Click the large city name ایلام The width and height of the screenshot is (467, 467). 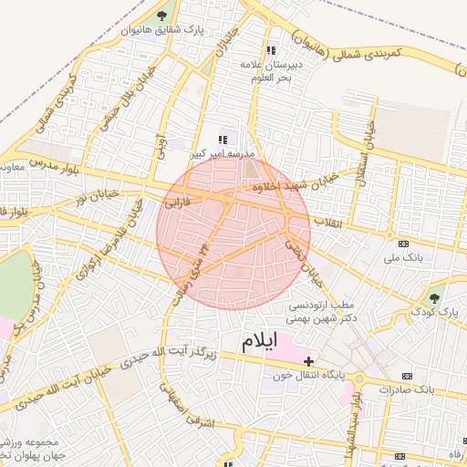click(258, 343)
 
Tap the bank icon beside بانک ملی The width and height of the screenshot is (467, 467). click(404, 243)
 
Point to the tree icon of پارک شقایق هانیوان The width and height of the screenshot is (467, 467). click(162, 16)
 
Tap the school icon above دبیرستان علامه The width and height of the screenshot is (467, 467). click(269, 50)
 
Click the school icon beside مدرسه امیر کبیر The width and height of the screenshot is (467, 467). click(222, 140)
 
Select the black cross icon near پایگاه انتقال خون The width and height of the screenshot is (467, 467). click(309, 361)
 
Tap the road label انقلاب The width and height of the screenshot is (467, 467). click(326, 222)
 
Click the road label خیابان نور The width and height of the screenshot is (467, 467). click(97, 196)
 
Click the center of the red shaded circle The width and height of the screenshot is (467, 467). click(233, 233)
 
